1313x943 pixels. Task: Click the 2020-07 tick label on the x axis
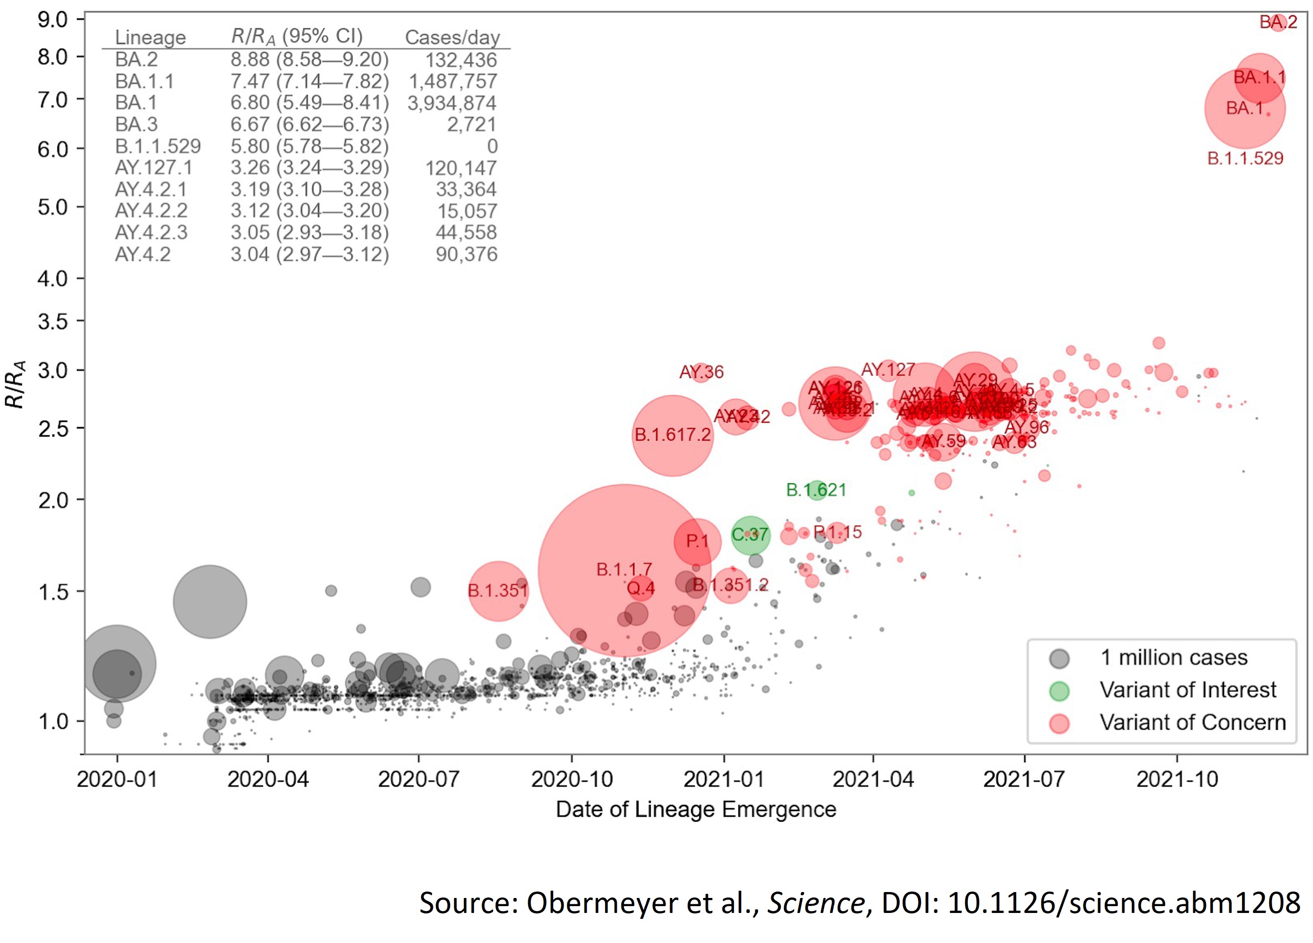click(x=418, y=779)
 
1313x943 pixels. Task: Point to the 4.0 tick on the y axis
click(x=53, y=279)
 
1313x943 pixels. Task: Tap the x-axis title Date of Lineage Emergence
click(x=696, y=809)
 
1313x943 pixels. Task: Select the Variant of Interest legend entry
click(x=1187, y=690)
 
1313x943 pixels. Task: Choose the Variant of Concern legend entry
click(x=1192, y=722)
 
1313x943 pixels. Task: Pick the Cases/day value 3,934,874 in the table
click(x=452, y=103)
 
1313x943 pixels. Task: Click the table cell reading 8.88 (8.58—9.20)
click(x=309, y=60)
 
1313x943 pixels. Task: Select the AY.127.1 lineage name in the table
click(x=153, y=168)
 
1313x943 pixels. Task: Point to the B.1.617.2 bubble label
click(x=672, y=434)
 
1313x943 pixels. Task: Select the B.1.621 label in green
click(x=816, y=490)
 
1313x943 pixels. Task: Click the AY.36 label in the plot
click(x=701, y=372)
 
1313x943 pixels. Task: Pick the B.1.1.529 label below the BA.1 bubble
click(x=1245, y=158)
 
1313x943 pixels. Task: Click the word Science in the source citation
click(x=816, y=903)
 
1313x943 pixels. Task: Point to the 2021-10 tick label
click(x=1177, y=779)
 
